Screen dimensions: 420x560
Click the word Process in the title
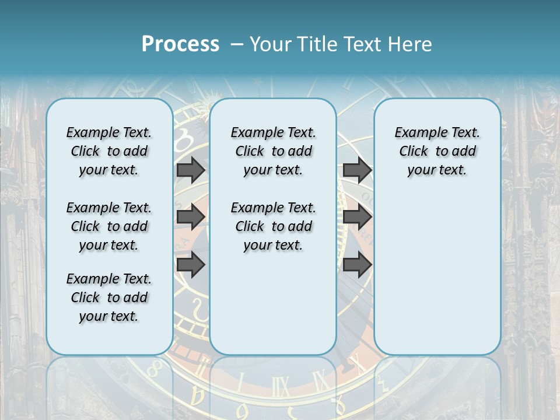coord(180,44)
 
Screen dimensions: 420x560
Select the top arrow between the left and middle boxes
coord(191,170)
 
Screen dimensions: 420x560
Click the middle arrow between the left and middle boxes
coord(191,217)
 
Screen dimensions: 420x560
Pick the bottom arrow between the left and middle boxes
coord(191,264)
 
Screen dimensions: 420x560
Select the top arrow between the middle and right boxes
coord(357,170)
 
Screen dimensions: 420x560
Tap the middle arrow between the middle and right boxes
coord(357,217)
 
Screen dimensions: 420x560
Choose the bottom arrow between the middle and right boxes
coord(357,264)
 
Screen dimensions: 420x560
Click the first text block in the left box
coord(109,151)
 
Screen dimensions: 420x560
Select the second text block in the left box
coord(109,226)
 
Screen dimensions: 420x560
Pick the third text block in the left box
coord(109,297)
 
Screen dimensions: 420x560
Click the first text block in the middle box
coord(273,151)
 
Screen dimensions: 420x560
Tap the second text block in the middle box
coord(273,226)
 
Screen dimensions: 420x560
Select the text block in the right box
coord(437,151)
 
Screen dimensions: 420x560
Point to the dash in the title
coord(237,44)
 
